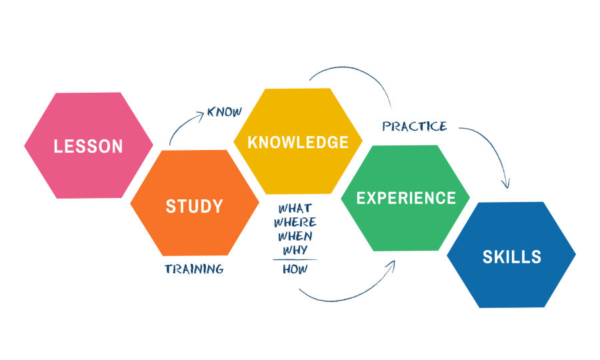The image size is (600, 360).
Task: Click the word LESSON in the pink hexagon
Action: pyautogui.click(x=89, y=146)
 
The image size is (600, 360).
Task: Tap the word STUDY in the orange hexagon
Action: pyautogui.click(x=194, y=206)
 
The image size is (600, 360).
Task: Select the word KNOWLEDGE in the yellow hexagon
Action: pyautogui.click(x=298, y=142)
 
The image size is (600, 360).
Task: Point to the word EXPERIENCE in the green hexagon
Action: pyautogui.click(x=406, y=198)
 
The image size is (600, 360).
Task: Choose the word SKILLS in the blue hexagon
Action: pyautogui.click(x=512, y=257)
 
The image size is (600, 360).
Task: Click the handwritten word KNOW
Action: pyautogui.click(x=225, y=111)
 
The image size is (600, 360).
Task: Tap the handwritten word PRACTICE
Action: pyautogui.click(x=415, y=126)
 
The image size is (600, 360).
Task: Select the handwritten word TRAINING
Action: pyautogui.click(x=194, y=269)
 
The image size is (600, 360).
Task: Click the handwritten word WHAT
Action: pyautogui.click(x=295, y=209)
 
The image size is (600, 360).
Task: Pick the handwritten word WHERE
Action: pyautogui.click(x=295, y=222)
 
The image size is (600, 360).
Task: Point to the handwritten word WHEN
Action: pyautogui.click(x=295, y=236)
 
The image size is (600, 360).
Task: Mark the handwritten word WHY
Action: pyautogui.click(x=294, y=250)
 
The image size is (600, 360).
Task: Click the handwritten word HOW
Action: pyautogui.click(x=294, y=269)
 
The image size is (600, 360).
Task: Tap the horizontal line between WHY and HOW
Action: pyautogui.click(x=295, y=259)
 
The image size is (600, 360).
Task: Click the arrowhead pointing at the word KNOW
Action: pyautogui.click(x=199, y=116)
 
